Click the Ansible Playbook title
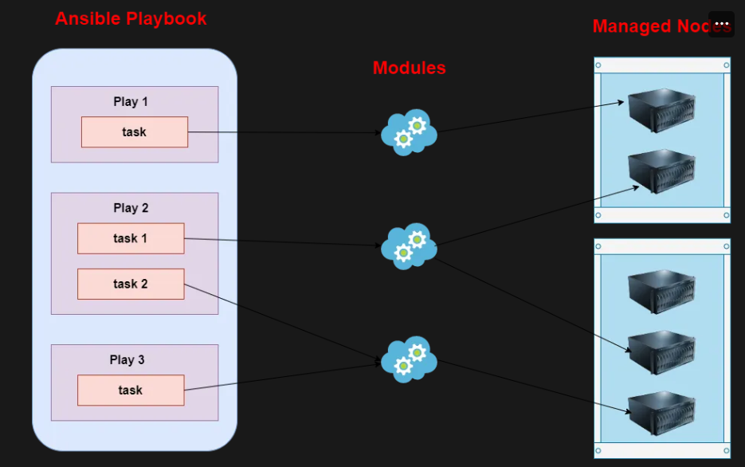(x=131, y=18)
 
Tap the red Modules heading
(x=409, y=68)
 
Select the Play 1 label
(x=131, y=101)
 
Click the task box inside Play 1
(x=135, y=132)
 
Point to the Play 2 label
(x=131, y=207)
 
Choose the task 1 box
(x=131, y=238)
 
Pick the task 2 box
(x=131, y=284)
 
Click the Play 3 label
(x=127, y=359)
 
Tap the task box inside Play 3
(x=131, y=390)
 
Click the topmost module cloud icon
(x=409, y=132)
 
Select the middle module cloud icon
(x=409, y=245)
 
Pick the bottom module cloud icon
(x=409, y=359)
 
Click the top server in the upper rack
(x=661, y=110)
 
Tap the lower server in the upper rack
(x=661, y=171)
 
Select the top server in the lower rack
(x=661, y=290)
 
